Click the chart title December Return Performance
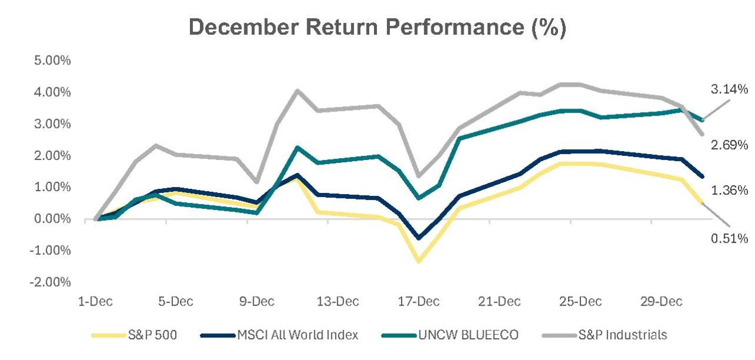coord(377,28)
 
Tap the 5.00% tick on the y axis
coord(66,61)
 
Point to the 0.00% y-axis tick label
coord(66,219)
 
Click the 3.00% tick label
coord(66,124)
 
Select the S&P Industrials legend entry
coord(605,335)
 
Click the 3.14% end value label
coord(729,90)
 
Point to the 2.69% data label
coord(729,145)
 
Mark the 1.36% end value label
coord(729,190)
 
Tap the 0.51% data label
coord(729,238)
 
